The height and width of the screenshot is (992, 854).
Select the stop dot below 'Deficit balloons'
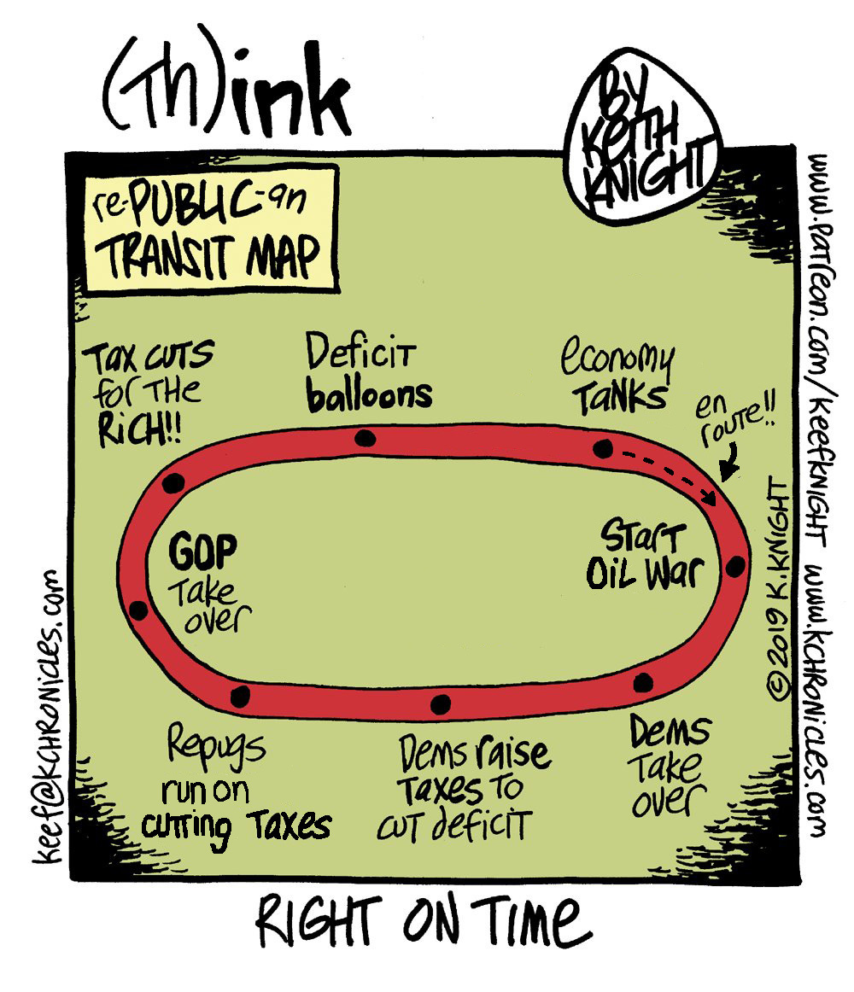click(x=366, y=439)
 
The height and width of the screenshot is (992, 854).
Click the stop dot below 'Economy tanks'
click(x=602, y=448)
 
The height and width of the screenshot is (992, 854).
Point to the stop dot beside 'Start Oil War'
click(x=734, y=564)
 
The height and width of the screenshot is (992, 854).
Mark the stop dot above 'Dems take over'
click(x=643, y=681)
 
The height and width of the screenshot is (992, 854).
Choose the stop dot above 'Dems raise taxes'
click(x=440, y=703)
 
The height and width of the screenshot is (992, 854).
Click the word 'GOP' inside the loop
click(x=202, y=553)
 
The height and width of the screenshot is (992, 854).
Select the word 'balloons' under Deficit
click(x=369, y=394)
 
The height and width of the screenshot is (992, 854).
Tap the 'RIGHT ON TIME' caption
click(x=422, y=925)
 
